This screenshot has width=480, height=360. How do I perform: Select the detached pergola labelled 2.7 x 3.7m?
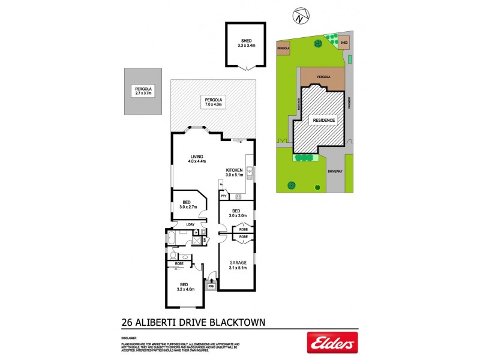(x=143, y=91)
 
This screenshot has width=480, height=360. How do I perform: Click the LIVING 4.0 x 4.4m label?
(x=197, y=159)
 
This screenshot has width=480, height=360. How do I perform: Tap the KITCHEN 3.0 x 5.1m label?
(x=234, y=173)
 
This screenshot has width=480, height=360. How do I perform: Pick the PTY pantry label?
(x=223, y=196)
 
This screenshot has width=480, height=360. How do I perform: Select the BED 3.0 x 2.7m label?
(x=188, y=205)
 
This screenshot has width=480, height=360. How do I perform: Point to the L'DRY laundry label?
(x=191, y=225)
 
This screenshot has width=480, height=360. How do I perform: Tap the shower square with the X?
(x=195, y=240)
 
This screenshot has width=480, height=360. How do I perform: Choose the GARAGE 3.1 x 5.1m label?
(x=238, y=265)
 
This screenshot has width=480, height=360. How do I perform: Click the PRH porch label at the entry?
(x=211, y=286)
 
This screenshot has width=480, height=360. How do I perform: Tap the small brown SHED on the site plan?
(x=344, y=43)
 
